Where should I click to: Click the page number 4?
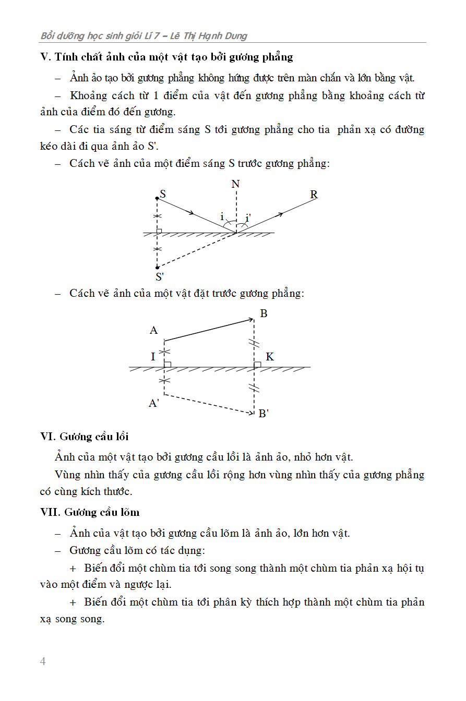[x=43, y=661]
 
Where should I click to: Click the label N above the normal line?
[x=235, y=184]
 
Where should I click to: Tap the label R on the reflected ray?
[x=314, y=195]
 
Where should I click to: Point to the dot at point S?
[x=157, y=198]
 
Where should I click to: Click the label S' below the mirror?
[x=160, y=277]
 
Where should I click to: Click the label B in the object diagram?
[x=264, y=313]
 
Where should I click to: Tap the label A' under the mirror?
[x=154, y=403]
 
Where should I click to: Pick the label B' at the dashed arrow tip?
[x=264, y=414]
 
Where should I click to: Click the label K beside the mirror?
[x=270, y=357]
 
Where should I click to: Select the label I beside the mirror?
[x=153, y=357]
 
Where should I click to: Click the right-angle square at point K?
[x=257, y=364]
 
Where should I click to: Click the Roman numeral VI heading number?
[x=47, y=437]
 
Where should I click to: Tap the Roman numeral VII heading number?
[x=50, y=512]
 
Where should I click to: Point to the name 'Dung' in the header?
[x=236, y=36]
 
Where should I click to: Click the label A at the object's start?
[x=153, y=330]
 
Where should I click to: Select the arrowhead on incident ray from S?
[x=192, y=213]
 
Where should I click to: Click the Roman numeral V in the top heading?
[x=44, y=57]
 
